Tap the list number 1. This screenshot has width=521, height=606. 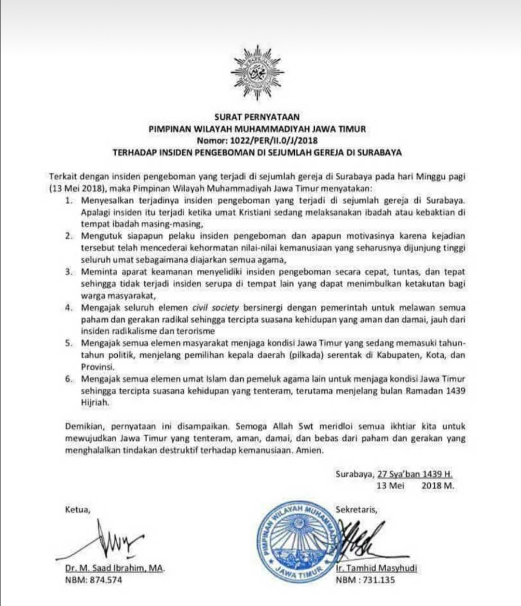pos(69,200)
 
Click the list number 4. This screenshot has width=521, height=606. pos(69,308)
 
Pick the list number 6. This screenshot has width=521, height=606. pos(69,379)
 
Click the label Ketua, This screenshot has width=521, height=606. pos(77,509)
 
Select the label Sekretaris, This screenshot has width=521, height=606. pos(356,509)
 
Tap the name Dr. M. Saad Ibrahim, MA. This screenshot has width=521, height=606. pos(115,568)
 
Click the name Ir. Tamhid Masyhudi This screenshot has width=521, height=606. pos(376,568)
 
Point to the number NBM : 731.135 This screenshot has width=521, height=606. pos(365,579)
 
